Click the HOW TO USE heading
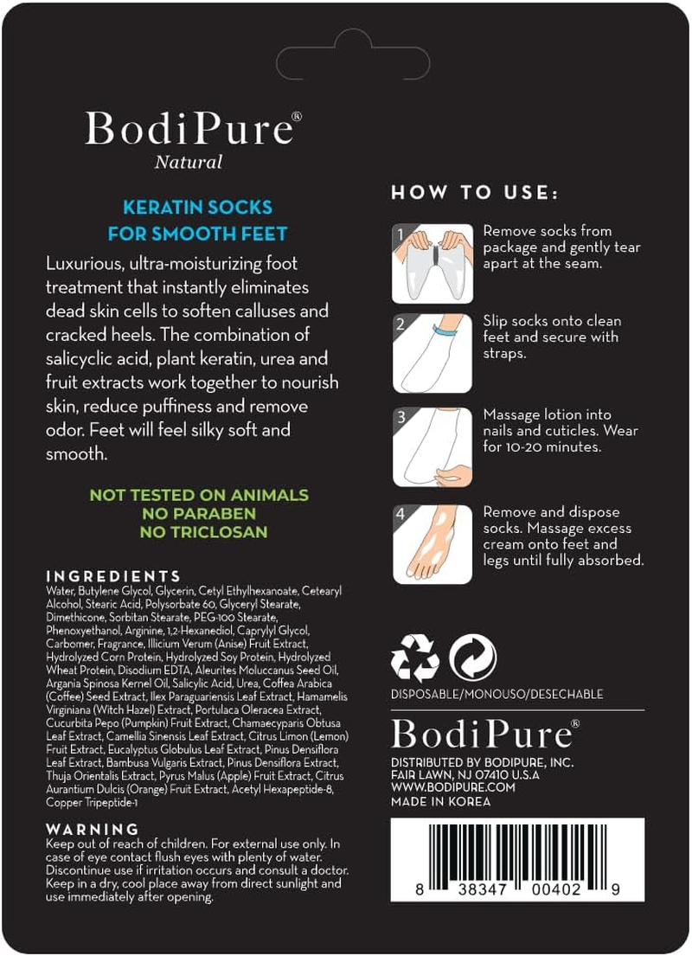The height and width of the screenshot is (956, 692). coord(475,192)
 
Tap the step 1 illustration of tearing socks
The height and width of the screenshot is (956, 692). coord(432,263)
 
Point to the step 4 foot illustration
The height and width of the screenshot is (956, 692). coord(432,543)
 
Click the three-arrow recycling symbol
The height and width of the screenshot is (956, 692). coord(415,658)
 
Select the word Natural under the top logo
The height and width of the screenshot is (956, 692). coord(189,162)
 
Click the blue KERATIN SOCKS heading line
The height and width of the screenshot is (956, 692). coord(197,208)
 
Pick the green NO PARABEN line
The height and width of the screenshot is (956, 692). coord(199,514)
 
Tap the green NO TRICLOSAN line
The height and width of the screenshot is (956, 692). coord(199,532)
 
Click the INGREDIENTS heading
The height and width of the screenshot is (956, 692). coord(113,576)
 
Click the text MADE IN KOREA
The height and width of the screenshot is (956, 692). coord(441,801)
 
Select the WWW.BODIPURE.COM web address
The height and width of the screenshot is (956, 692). coord(453,788)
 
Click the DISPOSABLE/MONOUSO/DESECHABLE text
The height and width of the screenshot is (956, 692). coord(497,694)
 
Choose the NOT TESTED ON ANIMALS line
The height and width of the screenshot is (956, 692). coord(199,496)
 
